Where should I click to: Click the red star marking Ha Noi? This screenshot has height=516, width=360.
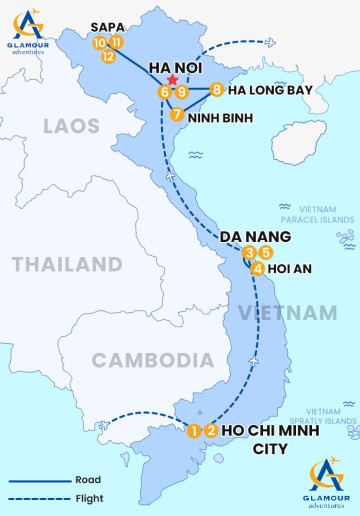(x=173, y=80)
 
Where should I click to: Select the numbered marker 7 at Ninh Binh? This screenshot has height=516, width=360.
(x=176, y=114)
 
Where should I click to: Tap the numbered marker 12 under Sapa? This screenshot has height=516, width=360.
(x=108, y=57)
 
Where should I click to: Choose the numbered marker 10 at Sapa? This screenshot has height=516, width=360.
(x=99, y=43)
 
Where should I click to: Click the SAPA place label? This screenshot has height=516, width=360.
(x=107, y=27)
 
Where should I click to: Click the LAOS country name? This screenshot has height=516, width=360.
(x=71, y=126)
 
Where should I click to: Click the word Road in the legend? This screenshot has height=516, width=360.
(x=86, y=480)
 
